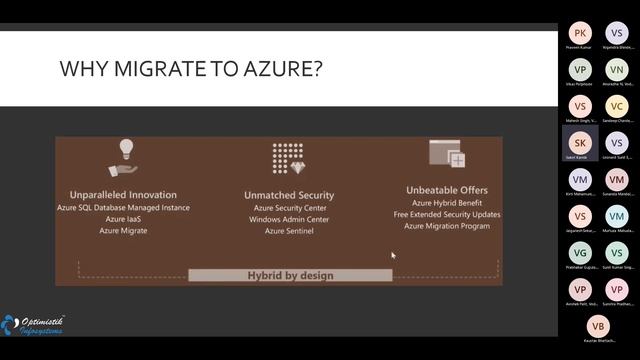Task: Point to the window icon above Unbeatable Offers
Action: pyautogui.click(x=447, y=154)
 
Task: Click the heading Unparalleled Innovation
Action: pyautogui.click(x=123, y=194)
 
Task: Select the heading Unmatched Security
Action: pyautogui.click(x=289, y=195)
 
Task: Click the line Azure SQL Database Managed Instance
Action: pyautogui.click(x=123, y=207)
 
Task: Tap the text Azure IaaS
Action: pyautogui.click(x=123, y=219)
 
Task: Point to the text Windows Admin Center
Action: pyautogui.click(x=289, y=219)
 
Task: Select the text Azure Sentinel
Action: pyautogui.click(x=289, y=231)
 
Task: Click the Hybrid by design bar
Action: pyautogui.click(x=290, y=275)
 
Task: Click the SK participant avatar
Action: pyautogui.click(x=581, y=142)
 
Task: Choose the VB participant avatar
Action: pyautogui.click(x=599, y=327)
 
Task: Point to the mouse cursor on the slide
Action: pyautogui.click(x=393, y=256)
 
